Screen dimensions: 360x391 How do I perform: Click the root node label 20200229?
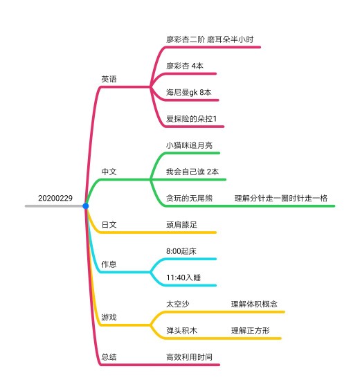pyautogui.click(x=55, y=198)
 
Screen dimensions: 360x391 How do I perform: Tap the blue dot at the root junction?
pyautogui.click(x=86, y=206)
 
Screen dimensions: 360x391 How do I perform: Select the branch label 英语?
pyautogui.click(x=109, y=79)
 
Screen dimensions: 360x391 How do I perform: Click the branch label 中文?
pyautogui.click(x=109, y=172)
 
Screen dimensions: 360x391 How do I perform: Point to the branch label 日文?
pyautogui.click(x=109, y=225)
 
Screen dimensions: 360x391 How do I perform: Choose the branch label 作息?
pyautogui.click(x=109, y=264)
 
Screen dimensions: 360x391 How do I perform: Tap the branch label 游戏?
pyautogui.click(x=109, y=317)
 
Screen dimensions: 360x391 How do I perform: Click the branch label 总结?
pyautogui.click(x=109, y=357)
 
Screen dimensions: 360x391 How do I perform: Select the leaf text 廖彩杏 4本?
pyautogui.click(x=185, y=66)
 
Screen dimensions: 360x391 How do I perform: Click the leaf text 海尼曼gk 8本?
pyautogui.click(x=188, y=93)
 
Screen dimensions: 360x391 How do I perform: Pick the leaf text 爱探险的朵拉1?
pyautogui.click(x=191, y=119)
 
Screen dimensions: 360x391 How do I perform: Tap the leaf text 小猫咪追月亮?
pyautogui.click(x=190, y=145)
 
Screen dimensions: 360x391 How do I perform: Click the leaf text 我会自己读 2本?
pyautogui.click(x=192, y=172)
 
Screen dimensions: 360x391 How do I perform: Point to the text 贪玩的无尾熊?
pyautogui.click(x=190, y=198)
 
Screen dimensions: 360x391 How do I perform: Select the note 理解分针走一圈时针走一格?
pyautogui.click(x=281, y=198)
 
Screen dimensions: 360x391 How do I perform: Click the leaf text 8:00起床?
pyautogui.click(x=181, y=251)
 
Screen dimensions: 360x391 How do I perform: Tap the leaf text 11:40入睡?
pyautogui.click(x=183, y=278)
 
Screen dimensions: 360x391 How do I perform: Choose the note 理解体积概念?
pyautogui.click(x=254, y=304)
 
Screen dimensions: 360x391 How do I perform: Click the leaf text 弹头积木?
pyautogui.click(x=181, y=331)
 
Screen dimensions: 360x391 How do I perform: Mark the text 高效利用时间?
pyautogui.click(x=190, y=357)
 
